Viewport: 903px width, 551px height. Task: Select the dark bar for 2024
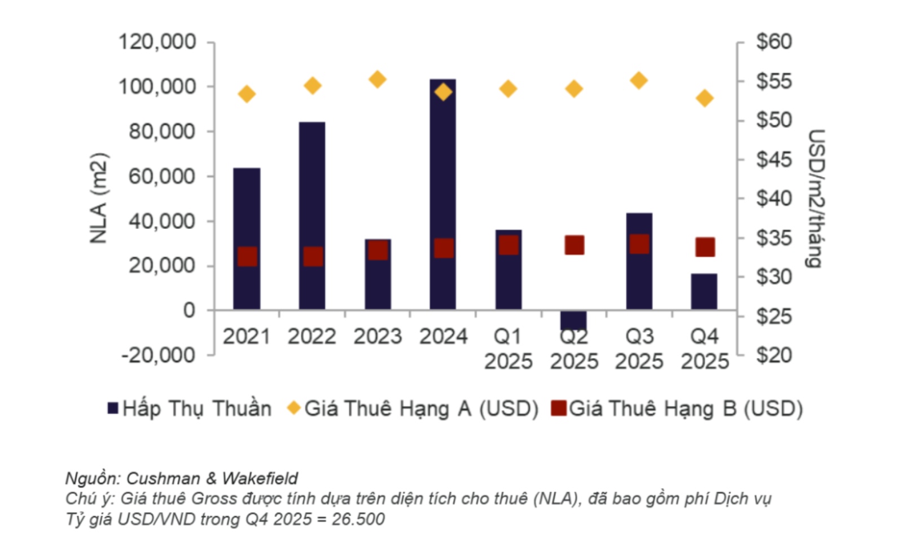pos(443,169)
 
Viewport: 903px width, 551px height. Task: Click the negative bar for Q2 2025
pos(573,320)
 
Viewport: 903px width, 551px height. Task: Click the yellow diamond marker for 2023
pos(378,80)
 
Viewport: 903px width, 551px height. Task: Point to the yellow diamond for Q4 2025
pos(704,98)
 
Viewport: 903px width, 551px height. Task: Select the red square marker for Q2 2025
pos(574,245)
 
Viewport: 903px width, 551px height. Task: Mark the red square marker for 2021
pos(247,257)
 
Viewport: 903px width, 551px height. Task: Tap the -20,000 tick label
pos(158,355)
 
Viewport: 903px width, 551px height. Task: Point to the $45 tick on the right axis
pos(774,160)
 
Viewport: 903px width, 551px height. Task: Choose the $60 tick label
pos(774,42)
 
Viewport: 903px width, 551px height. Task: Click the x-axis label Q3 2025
pos(639,349)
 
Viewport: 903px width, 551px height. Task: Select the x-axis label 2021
pos(247,337)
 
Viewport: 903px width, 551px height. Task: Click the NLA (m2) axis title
pos(99,198)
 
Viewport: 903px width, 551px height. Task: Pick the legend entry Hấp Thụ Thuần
pos(190,408)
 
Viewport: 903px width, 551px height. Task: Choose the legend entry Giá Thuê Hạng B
pos(677,408)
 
